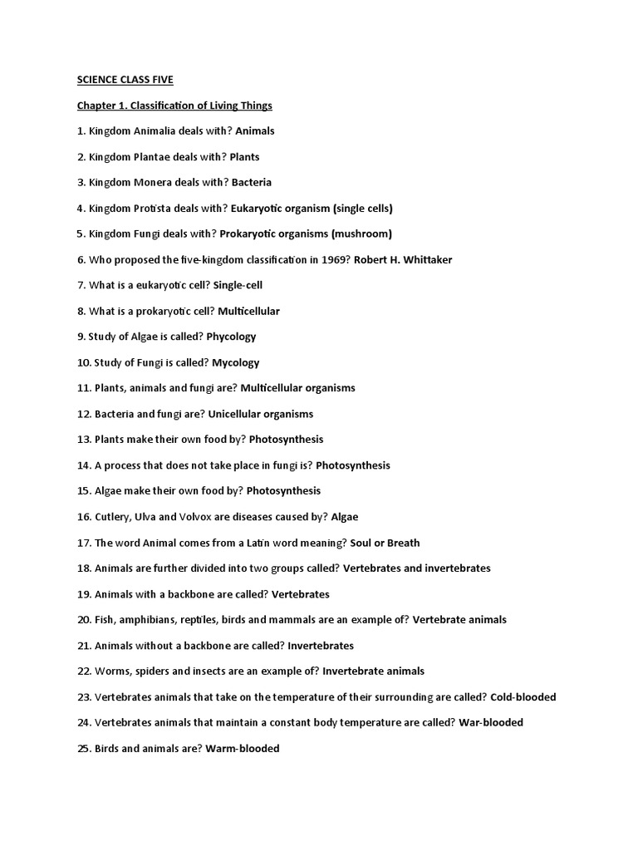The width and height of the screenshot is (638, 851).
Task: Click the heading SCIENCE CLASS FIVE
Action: click(125, 80)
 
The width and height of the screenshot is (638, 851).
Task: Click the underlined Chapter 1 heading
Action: click(174, 106)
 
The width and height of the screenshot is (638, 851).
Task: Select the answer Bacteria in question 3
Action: click(252, 182)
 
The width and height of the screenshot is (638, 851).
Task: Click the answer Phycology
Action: click(231, 337)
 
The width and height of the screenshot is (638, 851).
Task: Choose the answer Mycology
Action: click(236, 362)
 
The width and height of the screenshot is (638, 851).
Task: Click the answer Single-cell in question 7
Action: click(238, 285)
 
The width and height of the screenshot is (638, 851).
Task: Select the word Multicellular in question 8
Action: click(248, 311)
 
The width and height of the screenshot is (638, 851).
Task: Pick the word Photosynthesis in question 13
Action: click(287, 439)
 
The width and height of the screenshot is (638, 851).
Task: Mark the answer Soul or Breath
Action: click(385, 543)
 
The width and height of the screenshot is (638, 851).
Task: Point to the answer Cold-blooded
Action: click(523, 697)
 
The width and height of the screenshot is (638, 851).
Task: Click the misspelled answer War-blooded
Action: click(491, 722)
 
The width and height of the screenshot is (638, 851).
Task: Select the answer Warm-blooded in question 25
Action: click(243, 749)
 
